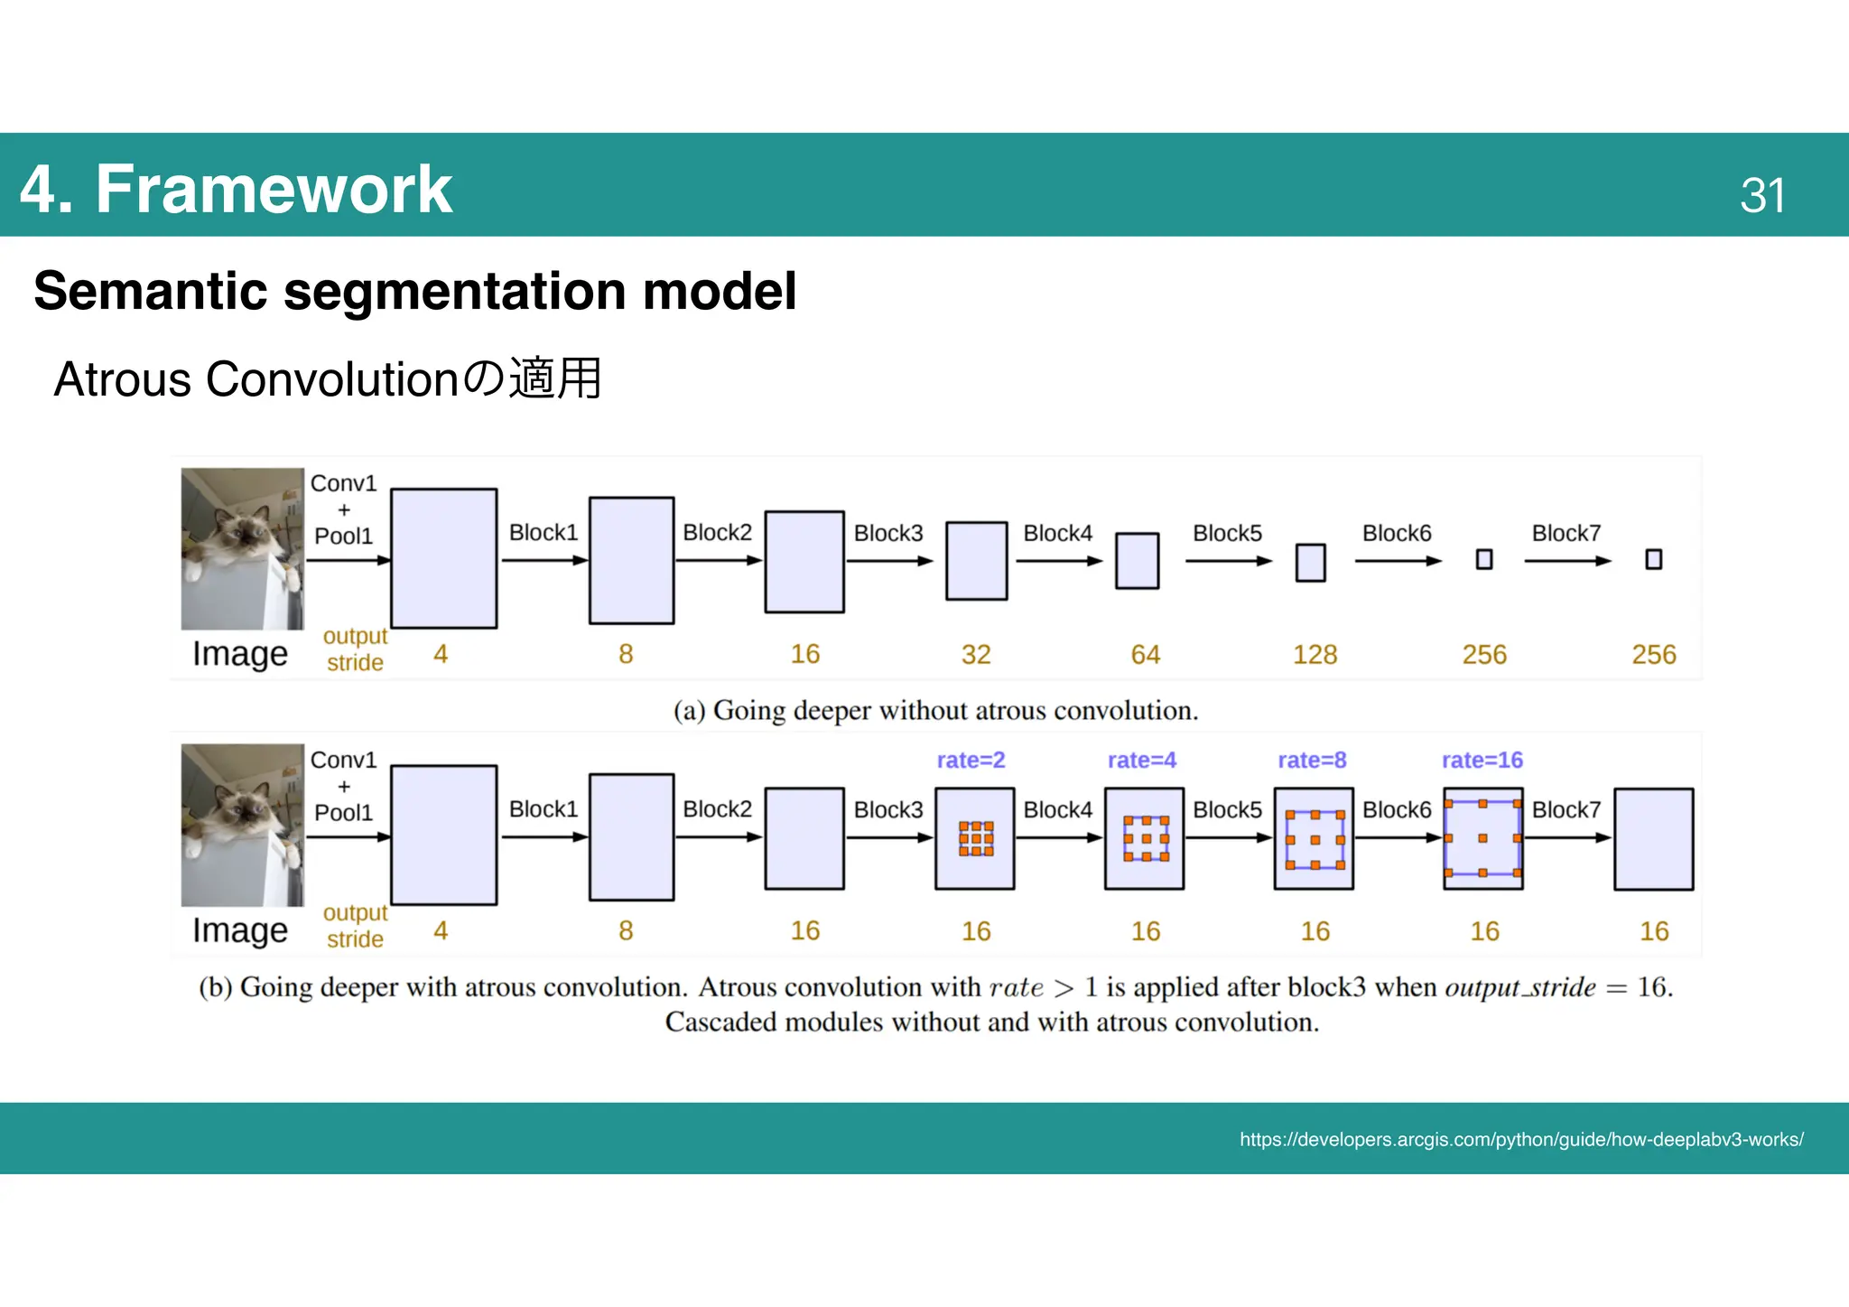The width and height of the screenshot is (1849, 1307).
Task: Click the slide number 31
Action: point(1761,195)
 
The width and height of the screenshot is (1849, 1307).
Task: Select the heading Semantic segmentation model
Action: point(414,291)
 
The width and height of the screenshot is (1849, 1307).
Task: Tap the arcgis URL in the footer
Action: point(1520,1139)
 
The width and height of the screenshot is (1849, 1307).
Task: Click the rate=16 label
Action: point(1482,760)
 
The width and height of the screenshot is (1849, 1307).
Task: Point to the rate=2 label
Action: point(971,760)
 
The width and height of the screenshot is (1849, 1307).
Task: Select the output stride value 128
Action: point(1315,654)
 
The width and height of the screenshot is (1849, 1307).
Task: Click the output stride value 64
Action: point(1145,654)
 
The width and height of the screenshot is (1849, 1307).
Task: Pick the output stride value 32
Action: point(975,654)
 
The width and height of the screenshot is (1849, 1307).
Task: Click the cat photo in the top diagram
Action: point(242,548)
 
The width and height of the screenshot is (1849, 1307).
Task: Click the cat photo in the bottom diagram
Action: point(242,825)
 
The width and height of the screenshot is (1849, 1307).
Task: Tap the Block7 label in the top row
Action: point(1566,533)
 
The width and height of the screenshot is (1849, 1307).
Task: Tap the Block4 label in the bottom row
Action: point(1057,809)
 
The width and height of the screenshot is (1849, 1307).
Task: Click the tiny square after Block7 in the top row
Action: point(1653,560)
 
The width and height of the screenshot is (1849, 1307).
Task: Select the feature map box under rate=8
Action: point(1314,838)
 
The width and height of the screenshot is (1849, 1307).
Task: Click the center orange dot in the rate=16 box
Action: point(1482,838)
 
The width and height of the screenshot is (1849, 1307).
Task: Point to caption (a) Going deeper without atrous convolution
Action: point(935,711)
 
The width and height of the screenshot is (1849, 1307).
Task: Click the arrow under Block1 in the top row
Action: point(544,561)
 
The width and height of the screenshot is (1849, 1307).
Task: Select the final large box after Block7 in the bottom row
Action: point(1653,838)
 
